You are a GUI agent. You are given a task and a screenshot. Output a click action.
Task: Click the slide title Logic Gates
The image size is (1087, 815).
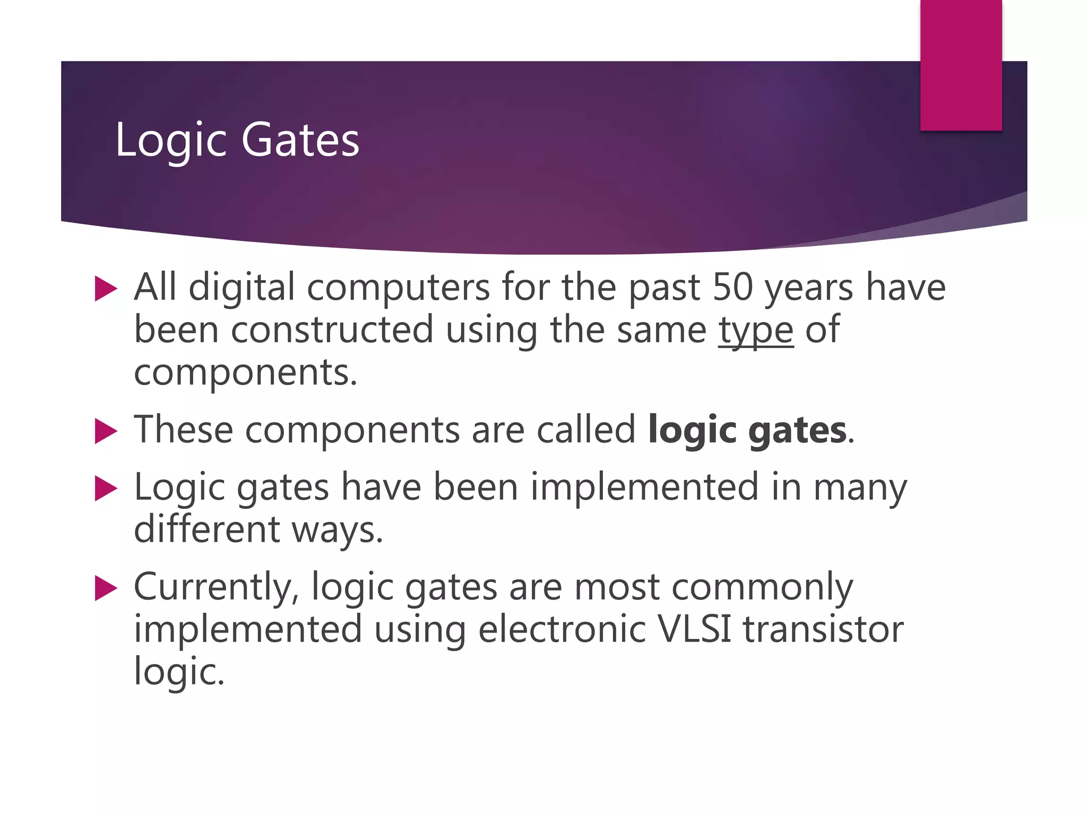click(x=237, y=140)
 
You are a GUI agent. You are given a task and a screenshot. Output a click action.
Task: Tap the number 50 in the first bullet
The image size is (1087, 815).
click(x=732, y=287)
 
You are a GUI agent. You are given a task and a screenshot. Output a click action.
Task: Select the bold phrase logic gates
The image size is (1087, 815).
click(x=747, y=430)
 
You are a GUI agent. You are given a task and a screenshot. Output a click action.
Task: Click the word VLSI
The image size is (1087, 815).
click(x=694, y=629)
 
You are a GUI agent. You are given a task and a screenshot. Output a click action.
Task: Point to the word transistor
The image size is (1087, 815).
click(x=823, y=629)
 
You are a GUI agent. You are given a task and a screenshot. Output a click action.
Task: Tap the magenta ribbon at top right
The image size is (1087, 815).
click(x=961, y=65)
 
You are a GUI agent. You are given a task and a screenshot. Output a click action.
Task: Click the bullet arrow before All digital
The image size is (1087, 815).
click(x=105, y=289)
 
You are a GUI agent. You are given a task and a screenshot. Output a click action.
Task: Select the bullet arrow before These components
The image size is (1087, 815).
click(x=105, y=431)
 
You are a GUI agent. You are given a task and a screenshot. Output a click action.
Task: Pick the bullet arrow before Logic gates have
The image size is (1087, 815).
click(x=105, y=488)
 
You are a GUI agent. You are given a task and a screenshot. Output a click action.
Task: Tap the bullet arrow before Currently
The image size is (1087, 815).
click(x=105, y=588)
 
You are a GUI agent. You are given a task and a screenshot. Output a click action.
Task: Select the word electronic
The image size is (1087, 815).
click(x=562, y=629)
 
